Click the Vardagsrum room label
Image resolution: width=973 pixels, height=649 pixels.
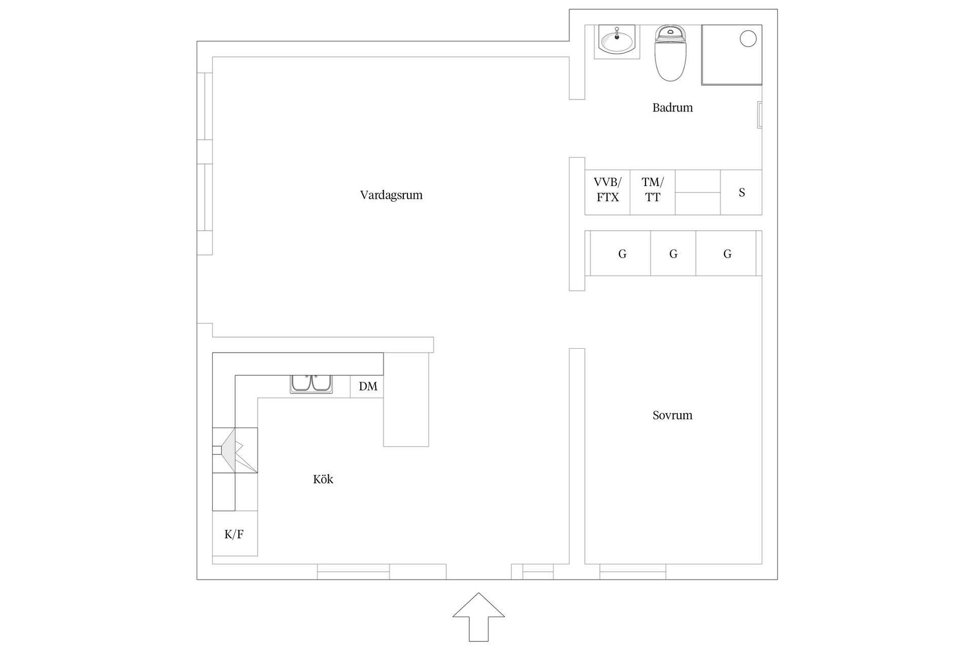point(391,195)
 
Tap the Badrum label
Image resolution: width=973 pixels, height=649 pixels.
point(672,107)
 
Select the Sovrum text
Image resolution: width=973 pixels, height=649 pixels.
point(672,415)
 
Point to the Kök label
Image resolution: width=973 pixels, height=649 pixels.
point(323,479)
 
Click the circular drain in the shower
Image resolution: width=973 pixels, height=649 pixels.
point(748,39)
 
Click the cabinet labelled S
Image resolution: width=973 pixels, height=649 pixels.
point(741,192)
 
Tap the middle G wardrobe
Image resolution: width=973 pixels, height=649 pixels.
point(673,254)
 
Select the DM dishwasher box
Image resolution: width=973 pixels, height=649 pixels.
point(367,386)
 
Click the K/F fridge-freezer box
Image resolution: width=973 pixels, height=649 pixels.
point(235,533)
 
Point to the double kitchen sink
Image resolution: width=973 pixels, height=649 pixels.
point(312,384)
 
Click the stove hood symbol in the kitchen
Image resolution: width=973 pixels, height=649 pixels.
point(235,450)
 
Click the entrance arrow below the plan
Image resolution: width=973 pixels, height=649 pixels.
point(478,616)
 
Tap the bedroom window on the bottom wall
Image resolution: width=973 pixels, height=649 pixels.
point(632,572)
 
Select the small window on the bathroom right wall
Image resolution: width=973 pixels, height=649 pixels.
point(759,115)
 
